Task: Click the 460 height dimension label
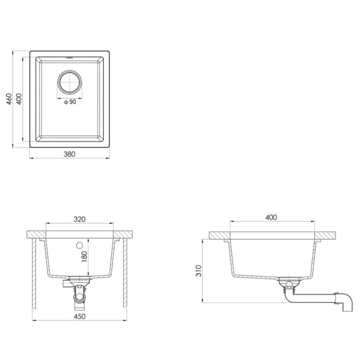(x=9, y=99)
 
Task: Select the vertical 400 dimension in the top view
(x=19, y=99)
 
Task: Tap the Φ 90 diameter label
(x=70, y=102)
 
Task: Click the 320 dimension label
(x=79, y=219)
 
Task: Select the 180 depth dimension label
(x=85, y=256)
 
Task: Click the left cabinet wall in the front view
(x=33, y=273)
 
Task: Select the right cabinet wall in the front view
(x=124, y=273)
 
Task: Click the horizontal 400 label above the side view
(x=271, y=218)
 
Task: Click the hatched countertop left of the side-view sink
(x=219, y=236)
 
